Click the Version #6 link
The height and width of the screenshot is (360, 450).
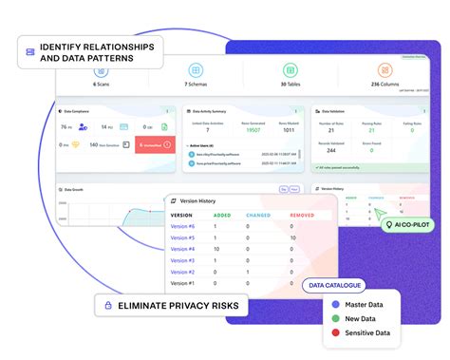(x=182, y=225)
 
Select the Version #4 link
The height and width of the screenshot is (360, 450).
(x=182, y=248)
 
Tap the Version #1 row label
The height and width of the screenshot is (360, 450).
(x=182, y=282)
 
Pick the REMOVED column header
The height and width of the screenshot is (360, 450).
(x=303, y=214)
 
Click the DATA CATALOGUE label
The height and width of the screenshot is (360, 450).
(x=331, y=283)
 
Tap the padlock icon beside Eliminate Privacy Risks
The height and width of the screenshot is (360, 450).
(x=109, y=306)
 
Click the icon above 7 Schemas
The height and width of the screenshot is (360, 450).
(x=195, y=70)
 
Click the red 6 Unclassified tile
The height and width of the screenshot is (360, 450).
(x=153, y=143)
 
